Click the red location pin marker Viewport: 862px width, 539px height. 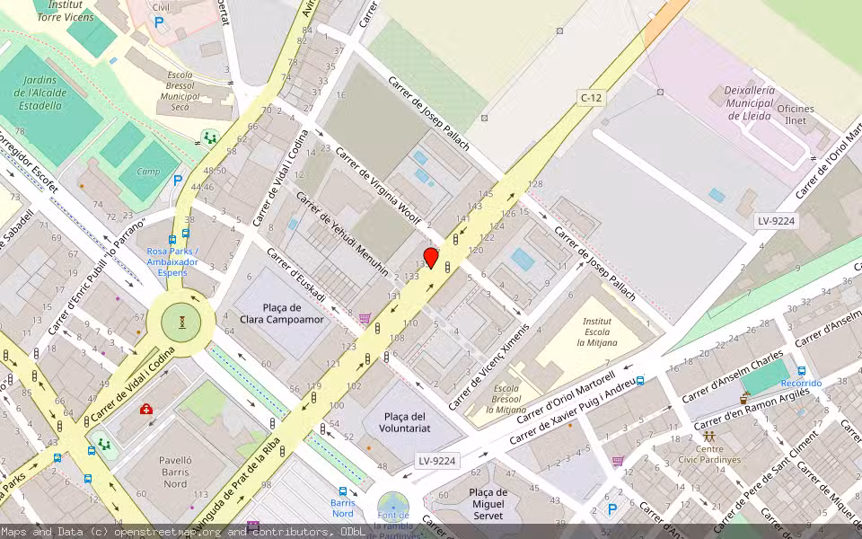point(431,259)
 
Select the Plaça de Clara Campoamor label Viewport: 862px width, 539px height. point(282,312)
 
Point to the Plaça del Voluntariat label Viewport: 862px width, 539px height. point(404,422)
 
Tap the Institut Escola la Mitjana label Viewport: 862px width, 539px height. point(597,331)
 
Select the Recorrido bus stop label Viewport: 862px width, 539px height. point(801,383)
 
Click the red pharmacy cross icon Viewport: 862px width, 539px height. point(146,410)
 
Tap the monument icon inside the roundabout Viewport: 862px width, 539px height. point(182,321)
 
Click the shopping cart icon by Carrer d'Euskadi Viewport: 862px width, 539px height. point(365,318)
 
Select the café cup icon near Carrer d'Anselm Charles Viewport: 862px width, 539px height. point(744,398)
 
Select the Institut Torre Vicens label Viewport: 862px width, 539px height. point(65,11)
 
